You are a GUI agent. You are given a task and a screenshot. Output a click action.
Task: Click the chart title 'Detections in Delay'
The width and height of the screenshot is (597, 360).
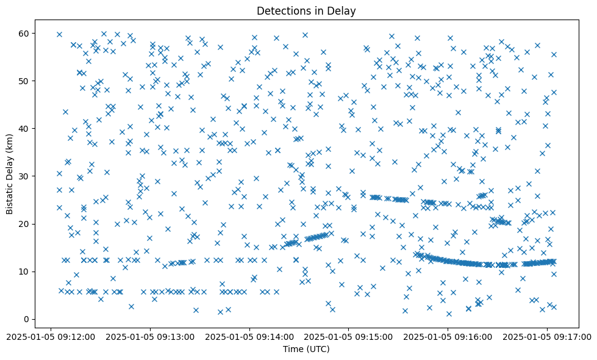306,10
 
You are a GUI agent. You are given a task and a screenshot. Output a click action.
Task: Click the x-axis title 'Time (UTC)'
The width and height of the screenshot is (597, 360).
306,349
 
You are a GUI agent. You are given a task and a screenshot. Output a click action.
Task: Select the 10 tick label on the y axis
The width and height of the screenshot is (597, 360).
25,272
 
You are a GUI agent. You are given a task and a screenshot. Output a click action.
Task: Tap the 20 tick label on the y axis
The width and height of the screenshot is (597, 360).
25,224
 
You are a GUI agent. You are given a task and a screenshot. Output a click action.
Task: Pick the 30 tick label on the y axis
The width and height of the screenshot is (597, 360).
25,176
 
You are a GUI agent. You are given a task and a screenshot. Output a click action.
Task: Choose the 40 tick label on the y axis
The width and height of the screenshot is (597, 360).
25,129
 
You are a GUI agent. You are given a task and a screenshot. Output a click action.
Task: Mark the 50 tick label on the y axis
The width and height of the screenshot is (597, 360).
25,81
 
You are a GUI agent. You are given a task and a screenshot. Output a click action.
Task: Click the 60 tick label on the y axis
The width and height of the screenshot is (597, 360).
25,33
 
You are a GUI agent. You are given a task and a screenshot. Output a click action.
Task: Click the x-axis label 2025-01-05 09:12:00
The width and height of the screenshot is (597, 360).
51,336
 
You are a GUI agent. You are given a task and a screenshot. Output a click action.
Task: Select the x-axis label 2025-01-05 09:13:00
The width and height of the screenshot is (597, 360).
150,336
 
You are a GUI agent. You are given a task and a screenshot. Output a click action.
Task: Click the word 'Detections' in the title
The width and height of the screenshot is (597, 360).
284,10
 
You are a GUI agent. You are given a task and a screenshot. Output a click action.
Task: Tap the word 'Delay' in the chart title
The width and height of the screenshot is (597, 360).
342,10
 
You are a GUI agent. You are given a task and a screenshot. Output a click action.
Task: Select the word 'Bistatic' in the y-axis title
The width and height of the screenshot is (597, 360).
10,196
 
